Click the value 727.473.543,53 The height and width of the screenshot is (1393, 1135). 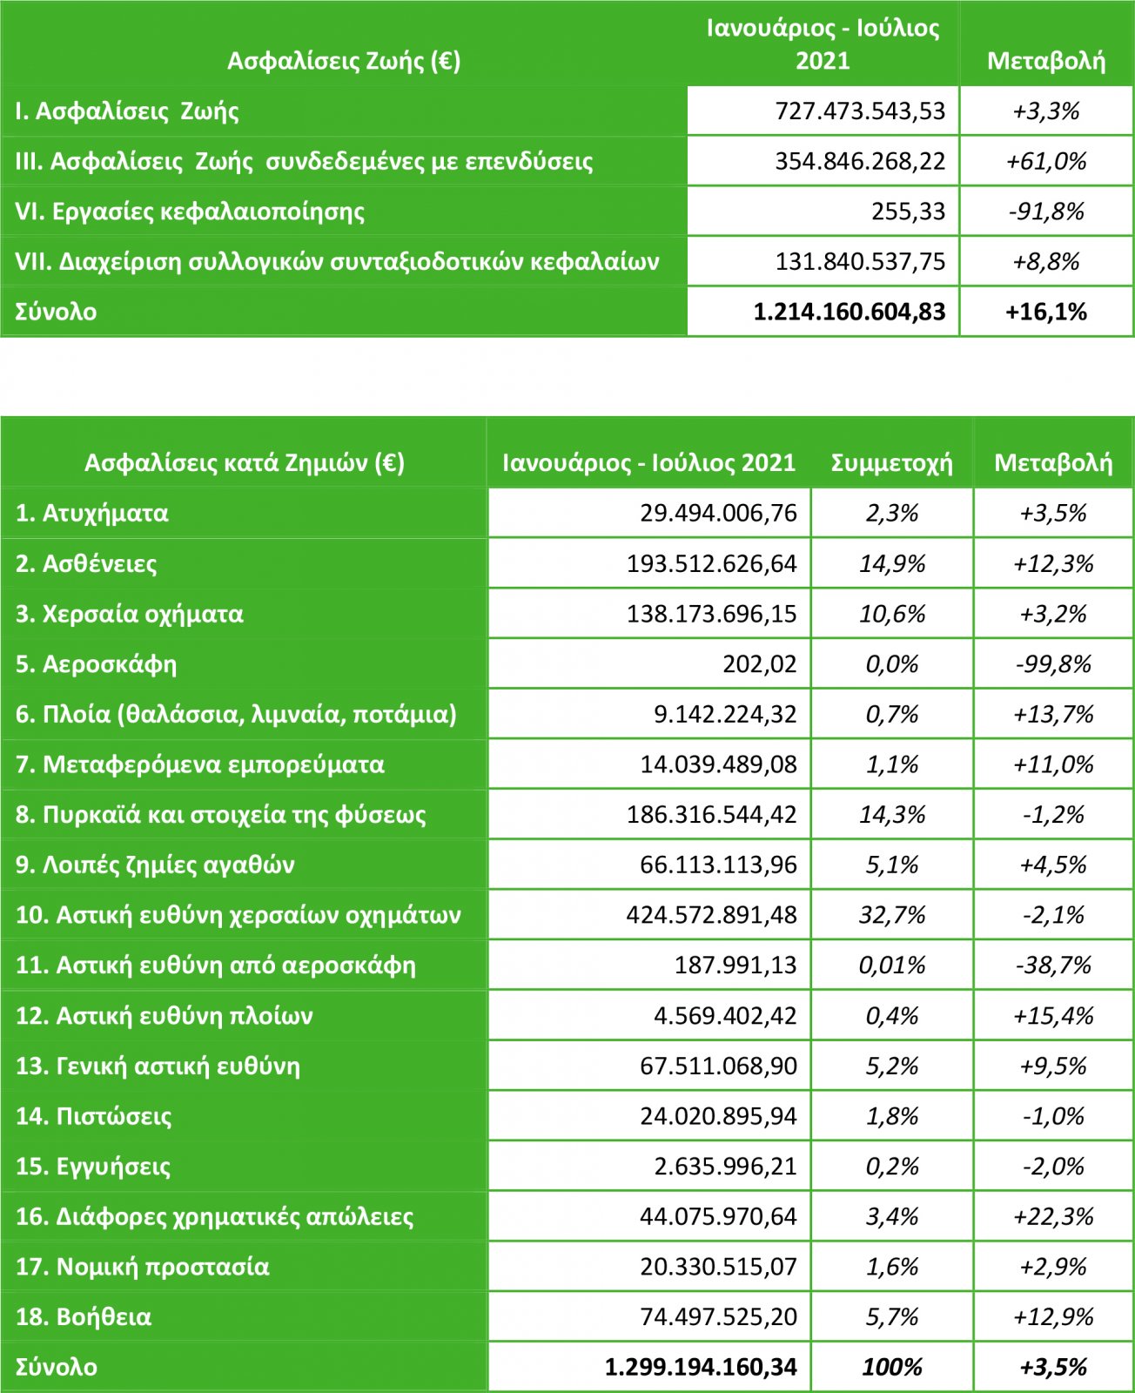point(860,111)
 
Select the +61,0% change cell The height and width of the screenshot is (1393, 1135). point(1046,162)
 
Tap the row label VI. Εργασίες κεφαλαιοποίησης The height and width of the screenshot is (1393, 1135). point(190,212)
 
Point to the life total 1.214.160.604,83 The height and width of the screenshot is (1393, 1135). point(850,312)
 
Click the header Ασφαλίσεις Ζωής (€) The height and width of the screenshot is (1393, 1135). point(344,61)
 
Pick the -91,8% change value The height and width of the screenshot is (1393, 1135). point(1046,212)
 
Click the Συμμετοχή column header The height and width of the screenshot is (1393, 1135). point(892,463)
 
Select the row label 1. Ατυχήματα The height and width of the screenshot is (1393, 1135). point(91,514)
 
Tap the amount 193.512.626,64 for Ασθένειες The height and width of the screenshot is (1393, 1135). point(711,564)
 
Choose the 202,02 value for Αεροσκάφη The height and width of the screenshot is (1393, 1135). point(760,664)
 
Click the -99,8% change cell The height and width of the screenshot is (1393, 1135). point(1053,664)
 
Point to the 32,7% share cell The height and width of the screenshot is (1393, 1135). point(892,915)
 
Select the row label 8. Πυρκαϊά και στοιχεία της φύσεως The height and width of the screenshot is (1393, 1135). point(220,815)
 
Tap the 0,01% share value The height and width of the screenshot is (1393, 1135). point(892,966)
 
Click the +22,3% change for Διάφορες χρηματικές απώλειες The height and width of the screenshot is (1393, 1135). point(1053,1217)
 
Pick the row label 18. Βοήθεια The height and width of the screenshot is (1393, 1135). point(83,1317)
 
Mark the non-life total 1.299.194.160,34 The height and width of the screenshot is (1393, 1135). point(701,1368)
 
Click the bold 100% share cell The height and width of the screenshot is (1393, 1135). point(892,1368)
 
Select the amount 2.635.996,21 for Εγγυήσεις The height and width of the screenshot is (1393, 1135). point(726,1167)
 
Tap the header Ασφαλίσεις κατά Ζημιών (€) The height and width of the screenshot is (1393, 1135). point(245,463)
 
